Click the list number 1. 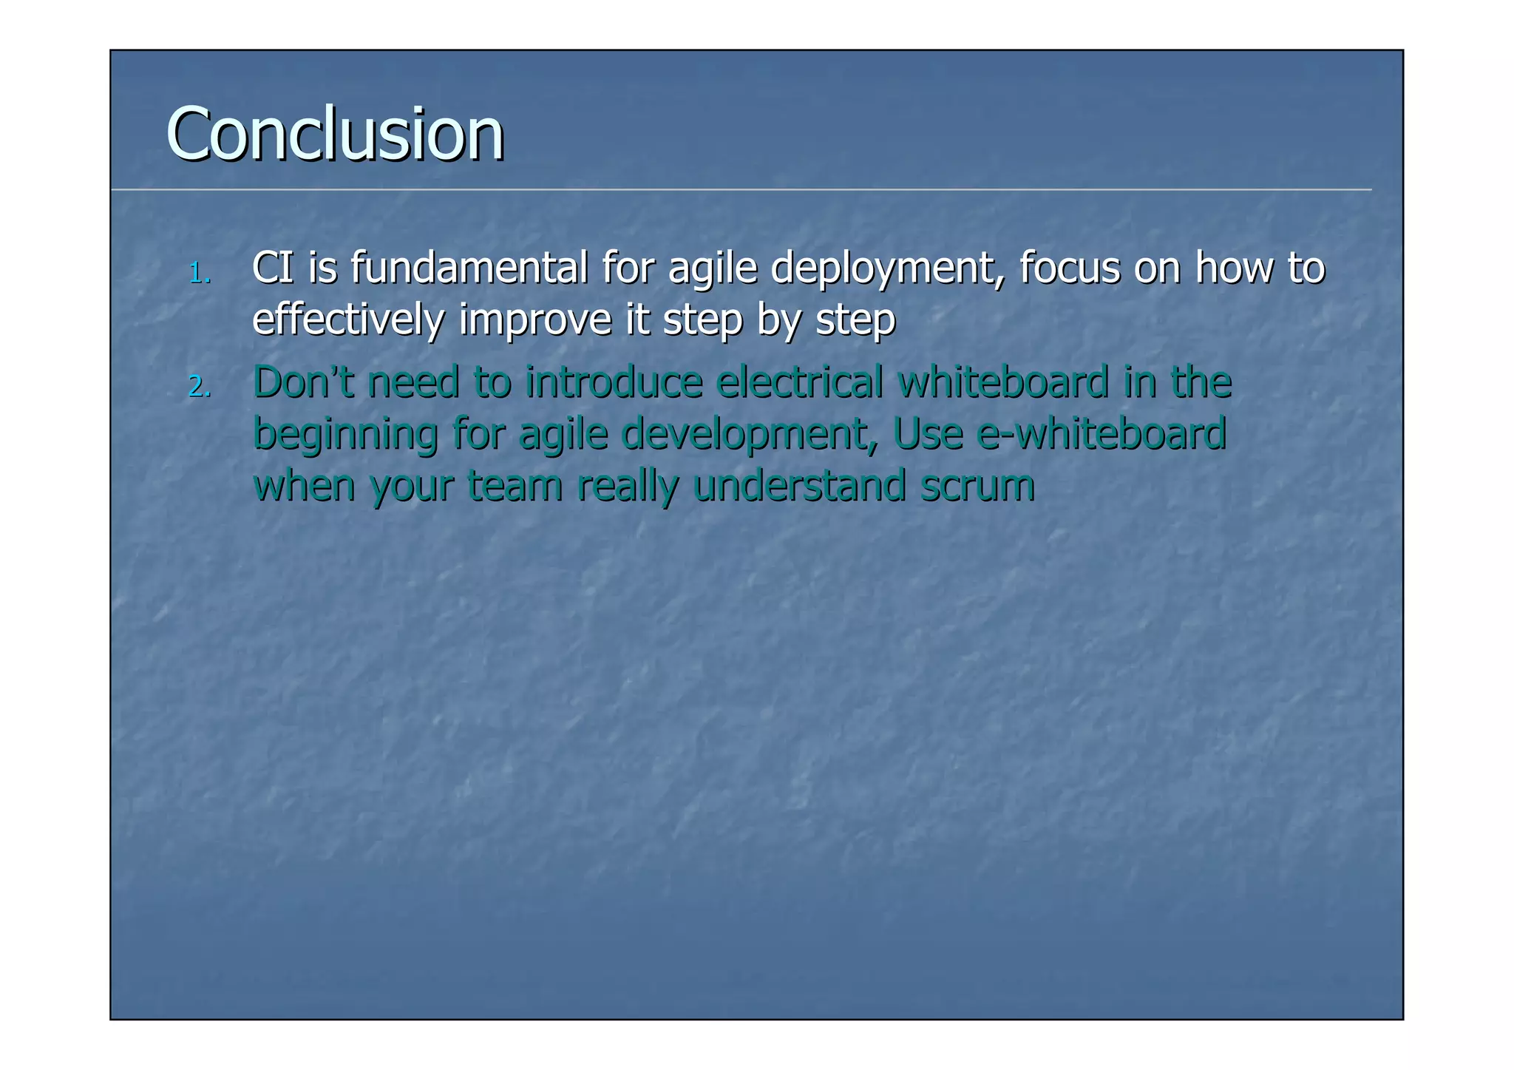[199, 274]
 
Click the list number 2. [199, 387]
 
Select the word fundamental [469, 268]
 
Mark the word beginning [345, 435]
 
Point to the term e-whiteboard [1101, 433]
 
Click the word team [515, 486]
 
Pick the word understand [799, 486]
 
